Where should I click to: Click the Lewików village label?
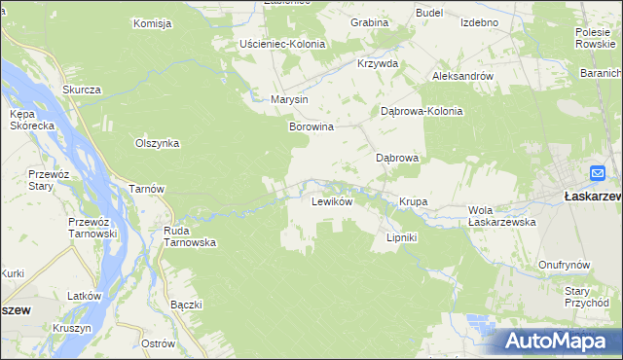pyautogui.click(x=330, y=202)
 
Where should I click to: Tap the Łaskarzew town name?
pyautogui.click(x=593, y=196)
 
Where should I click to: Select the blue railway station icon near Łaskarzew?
pyautogui.click(x=598, y=173)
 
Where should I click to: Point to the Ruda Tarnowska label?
pyautogui.click(x=189, y=236)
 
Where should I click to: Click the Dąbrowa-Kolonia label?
pyautogui.click(x=421, y=111)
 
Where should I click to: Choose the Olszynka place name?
pyautogui.click(x=157, y=142)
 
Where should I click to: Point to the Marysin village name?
pyautogui.click(x=289, y=99)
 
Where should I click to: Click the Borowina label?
pyautogui.click(x=311, y=126)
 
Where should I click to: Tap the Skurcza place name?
pyautogui.click(x=82, y=90)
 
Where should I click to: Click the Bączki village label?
pyautogui.click(x=185, y=305)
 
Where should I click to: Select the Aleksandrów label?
pyautogui.click(x=463, y=75)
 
